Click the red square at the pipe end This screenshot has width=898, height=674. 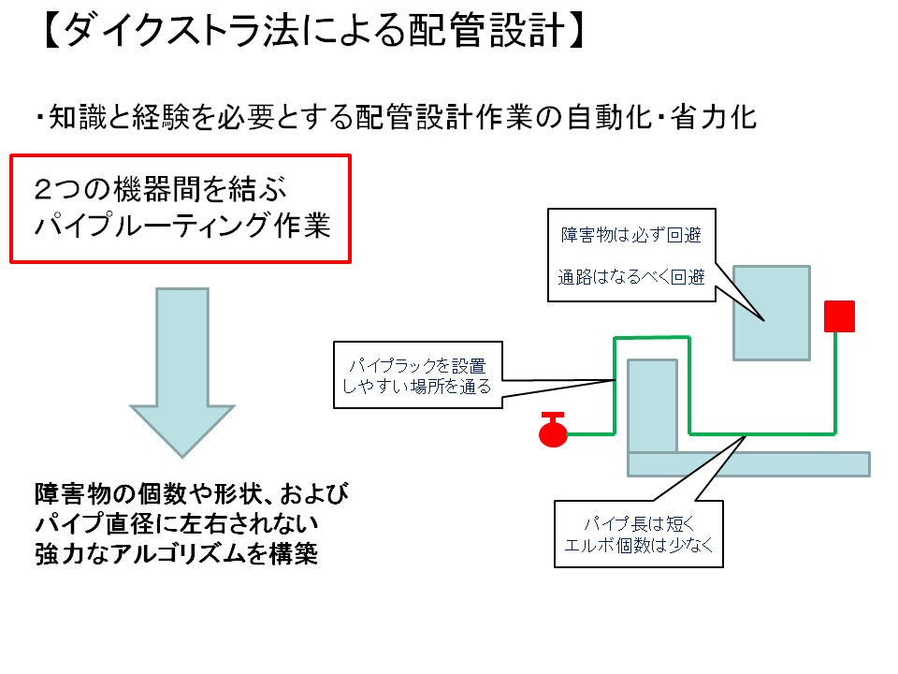point(839,316)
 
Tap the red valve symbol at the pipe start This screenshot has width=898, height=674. point(553,432)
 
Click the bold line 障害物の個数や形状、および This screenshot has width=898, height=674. point(192,494)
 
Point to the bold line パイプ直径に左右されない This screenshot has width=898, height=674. point(177,523)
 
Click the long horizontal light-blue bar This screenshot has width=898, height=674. point(748,463)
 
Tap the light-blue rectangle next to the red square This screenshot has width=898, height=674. point(771,313)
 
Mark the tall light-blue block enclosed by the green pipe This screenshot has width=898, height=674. point(652,405)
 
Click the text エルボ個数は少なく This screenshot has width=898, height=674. point(640,546)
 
